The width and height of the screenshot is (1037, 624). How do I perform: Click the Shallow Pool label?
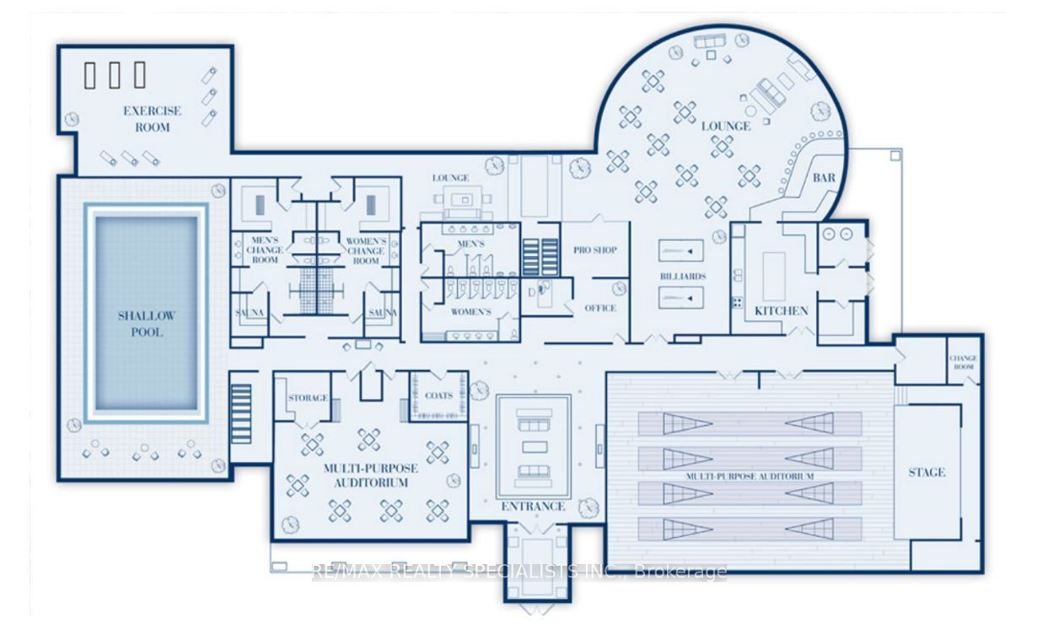tap(147, 324)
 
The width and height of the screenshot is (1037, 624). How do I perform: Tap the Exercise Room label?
tap(152, 119)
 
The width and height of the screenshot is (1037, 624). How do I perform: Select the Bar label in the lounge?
tap(824, 177)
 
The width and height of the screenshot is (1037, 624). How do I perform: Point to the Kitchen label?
tap(782, 310)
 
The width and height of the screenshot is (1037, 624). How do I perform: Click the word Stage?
tap(927, 472)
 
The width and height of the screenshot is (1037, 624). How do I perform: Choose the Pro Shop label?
tap(595, 250)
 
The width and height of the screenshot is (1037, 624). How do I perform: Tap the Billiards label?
tap(683, 277)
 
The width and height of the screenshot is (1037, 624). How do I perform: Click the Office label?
tap(600, 308)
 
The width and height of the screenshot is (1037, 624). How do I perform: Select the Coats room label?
tap(438, 395)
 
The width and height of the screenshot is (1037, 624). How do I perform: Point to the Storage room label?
tap(308, 398)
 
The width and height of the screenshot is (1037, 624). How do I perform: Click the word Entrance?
tap(533, 507)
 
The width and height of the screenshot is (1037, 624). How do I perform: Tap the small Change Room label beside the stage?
tap(963, 363)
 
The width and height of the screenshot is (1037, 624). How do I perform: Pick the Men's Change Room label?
tap(265, 250)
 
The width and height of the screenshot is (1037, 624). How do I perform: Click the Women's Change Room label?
tap(366, 251)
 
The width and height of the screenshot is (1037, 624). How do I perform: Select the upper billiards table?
tap(681, 251)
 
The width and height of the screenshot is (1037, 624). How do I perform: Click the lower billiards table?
tap(681, 298)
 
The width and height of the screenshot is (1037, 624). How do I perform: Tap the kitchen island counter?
tap(774, 277)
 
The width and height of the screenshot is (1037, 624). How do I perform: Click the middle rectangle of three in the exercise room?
tap(115, 75)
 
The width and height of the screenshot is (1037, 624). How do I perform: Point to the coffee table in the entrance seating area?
tap(535, 447)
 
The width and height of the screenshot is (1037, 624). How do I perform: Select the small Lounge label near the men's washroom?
tap(450, 178)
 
